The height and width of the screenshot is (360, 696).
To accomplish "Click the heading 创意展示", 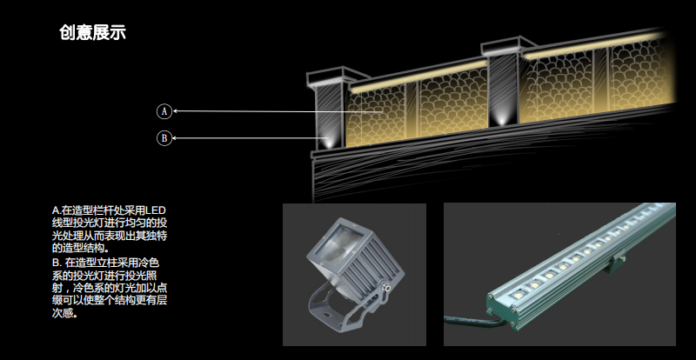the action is (92, 32).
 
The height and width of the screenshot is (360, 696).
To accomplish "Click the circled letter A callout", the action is (164, 111).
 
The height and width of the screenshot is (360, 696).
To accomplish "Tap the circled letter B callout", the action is (164, 138).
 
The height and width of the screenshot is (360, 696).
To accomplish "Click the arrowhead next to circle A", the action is (175, 111).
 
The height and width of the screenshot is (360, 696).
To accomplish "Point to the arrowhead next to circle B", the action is (175, 138).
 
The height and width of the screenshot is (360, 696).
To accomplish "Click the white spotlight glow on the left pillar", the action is (328, 141).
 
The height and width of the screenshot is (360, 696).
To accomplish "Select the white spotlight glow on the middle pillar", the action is (502, 119).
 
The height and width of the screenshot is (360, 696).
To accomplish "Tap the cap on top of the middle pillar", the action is (508, 47).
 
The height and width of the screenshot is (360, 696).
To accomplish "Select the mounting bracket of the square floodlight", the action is (340, 306).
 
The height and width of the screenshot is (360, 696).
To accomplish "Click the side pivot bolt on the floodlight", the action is (387, 289).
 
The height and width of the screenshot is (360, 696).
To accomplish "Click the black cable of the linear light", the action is (471, 321).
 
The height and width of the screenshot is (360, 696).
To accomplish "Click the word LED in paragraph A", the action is (156, 210).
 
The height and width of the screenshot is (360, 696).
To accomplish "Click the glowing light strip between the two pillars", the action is (418, 77).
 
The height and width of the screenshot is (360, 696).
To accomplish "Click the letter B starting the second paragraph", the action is (56, 263).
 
